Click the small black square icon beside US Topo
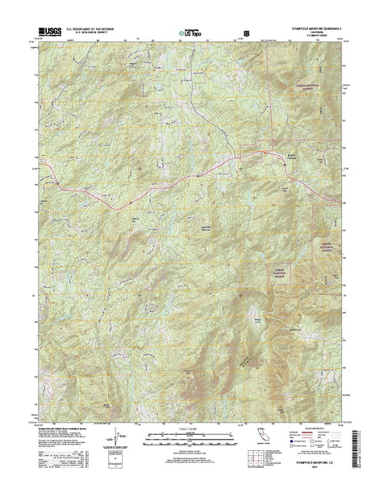point(246,34)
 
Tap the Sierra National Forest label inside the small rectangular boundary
point(279,273)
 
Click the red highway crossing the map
point(161,191)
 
